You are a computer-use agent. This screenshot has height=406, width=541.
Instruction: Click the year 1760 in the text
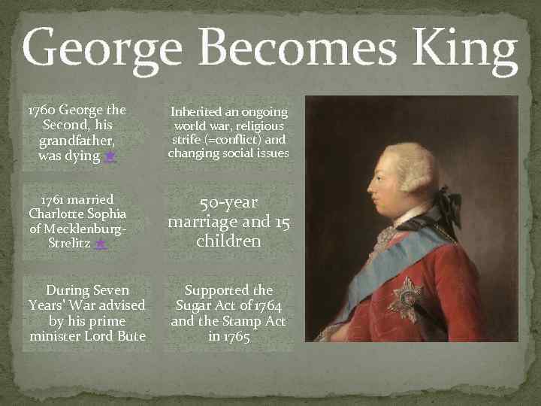(41, 110)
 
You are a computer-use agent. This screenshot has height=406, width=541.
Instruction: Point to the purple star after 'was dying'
(110, 156)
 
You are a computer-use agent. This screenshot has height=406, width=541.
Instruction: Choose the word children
(228, 241)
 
